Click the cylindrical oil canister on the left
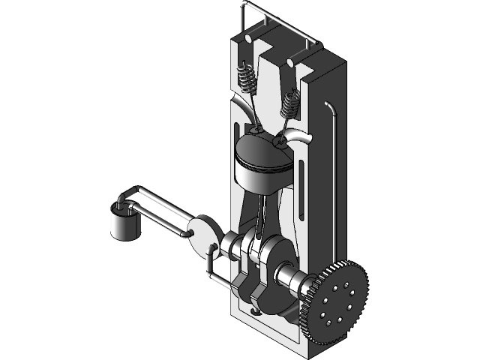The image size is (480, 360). pos(124,223)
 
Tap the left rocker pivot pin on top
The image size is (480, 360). pos(248,37)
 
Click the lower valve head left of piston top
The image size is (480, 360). pos(257,132)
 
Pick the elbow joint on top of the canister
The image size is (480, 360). pos(124,200)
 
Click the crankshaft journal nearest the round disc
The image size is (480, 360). pos(228,244)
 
